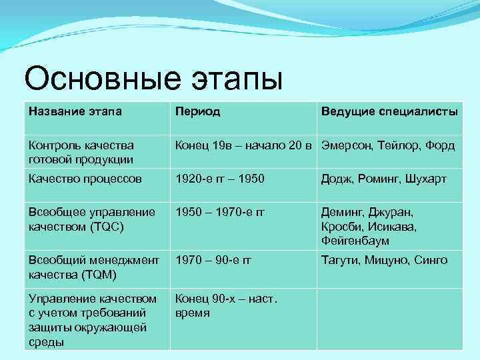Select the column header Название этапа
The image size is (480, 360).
click(x=75, y=111)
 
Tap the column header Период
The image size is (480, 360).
click(x=197, y=111)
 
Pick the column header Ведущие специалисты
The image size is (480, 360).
click(x=389, y=111)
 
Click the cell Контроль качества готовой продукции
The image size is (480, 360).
click(x=81, y=152)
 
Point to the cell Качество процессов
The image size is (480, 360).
click(x=84, y=179)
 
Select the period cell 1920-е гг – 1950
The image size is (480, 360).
click(x=219, y=179)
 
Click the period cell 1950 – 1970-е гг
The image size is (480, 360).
click(x=219, y=213)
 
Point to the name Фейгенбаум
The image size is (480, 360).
click(x=355, y=240)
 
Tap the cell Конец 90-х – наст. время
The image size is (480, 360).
click(x=225, y=306)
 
